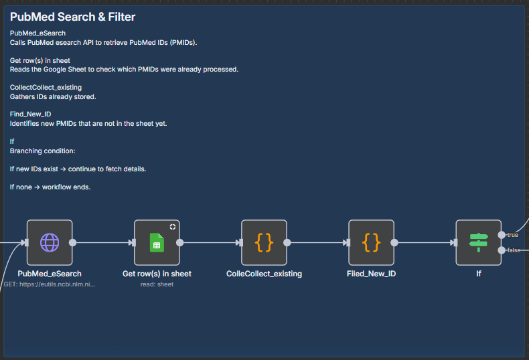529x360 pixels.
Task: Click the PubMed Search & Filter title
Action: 72,17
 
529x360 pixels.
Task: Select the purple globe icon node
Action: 50,243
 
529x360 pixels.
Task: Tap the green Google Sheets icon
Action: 157,243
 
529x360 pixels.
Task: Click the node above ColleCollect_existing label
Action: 264,243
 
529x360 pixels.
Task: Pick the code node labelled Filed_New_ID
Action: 371,243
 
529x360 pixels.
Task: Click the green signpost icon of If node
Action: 478,243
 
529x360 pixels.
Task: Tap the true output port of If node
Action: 502,235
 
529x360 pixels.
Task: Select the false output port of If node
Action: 502,250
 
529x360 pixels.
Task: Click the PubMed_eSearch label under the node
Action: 50,274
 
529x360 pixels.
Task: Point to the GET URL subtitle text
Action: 50,284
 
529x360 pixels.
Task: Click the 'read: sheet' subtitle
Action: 157,284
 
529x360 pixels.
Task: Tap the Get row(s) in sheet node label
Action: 157,274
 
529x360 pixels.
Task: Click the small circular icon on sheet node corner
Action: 173,227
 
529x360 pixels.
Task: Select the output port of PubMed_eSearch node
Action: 72,243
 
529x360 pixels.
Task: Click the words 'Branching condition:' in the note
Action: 42,151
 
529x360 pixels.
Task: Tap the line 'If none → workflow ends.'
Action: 50,187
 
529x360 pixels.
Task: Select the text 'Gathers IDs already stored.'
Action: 53,97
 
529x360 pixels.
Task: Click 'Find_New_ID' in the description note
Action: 30,114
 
